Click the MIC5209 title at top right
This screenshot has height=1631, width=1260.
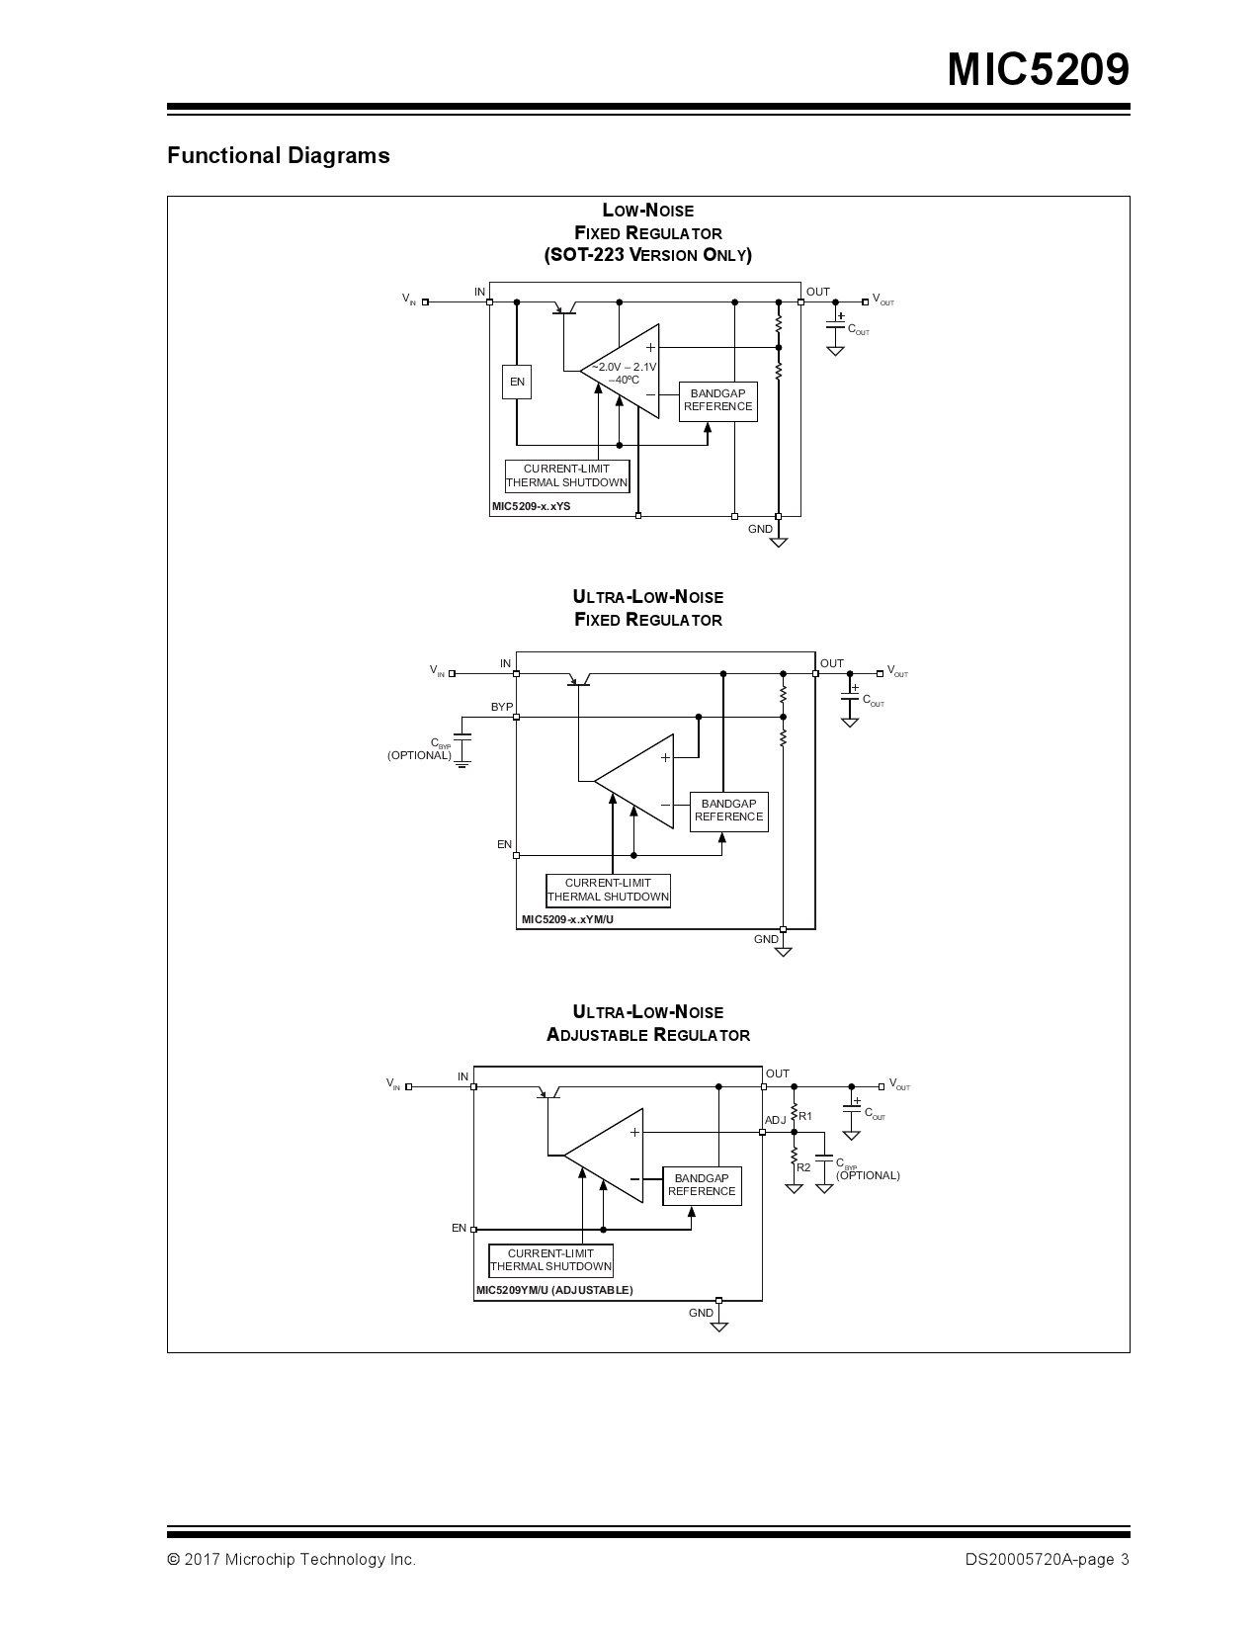coord(1038,70)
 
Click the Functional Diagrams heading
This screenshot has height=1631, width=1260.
coord(278,155)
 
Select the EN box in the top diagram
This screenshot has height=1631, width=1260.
coord(517,382)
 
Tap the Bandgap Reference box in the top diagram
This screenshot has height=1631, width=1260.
coord(717,400)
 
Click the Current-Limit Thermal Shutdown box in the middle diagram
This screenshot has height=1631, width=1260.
coord(608,890)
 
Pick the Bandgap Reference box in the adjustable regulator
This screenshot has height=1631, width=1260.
coord(701,1184)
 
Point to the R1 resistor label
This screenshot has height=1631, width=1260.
coord(805,1116)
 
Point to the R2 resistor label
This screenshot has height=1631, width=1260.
coord(803,1167)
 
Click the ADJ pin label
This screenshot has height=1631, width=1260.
coord(776,1120)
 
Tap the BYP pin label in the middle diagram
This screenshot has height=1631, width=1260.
coord(502,707)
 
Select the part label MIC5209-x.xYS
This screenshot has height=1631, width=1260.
coord(532,507)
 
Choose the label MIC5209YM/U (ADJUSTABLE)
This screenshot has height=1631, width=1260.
coord(554,1290)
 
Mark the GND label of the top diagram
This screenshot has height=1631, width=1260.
coord(760,530)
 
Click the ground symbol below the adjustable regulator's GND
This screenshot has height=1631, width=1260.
coord(719,1327)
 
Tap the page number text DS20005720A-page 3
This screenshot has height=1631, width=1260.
coord(1047,1560)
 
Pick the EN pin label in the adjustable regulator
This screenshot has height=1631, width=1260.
coord(459,1228)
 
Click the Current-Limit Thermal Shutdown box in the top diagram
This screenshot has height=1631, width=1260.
coord(566,475)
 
